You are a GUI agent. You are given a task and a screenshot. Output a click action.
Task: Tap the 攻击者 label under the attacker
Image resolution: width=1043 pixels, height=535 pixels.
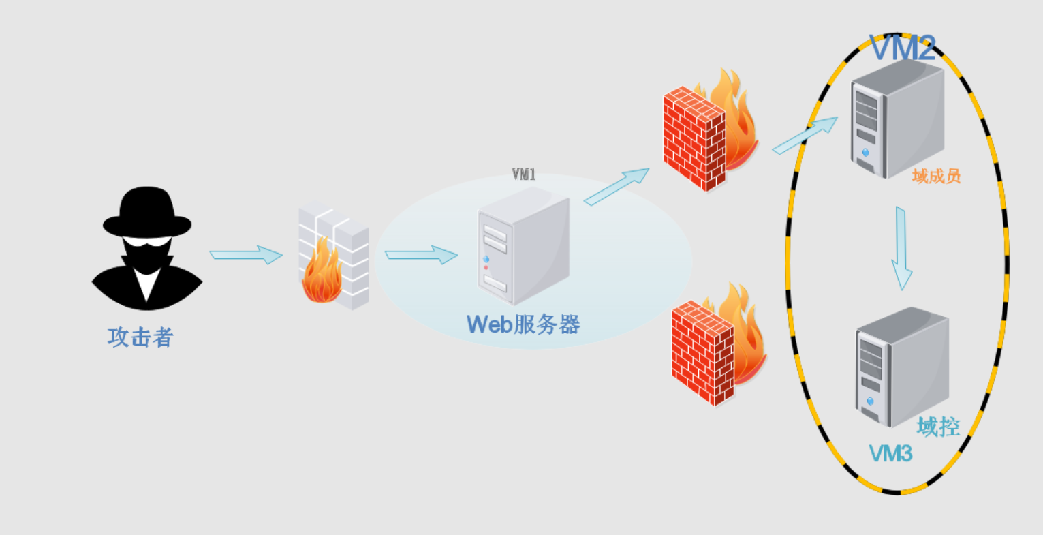(x=141, y=337)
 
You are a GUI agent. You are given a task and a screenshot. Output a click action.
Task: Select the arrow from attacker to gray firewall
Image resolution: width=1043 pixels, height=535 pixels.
(x=246, y=255)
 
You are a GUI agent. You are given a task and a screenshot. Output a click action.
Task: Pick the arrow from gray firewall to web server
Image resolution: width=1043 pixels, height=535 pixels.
(x=421, y=255)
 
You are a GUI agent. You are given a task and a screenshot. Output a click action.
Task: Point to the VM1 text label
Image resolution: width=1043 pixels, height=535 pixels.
(x=523, y=174)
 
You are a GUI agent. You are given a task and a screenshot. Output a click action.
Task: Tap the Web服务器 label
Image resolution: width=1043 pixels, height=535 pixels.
(x=523, y=324)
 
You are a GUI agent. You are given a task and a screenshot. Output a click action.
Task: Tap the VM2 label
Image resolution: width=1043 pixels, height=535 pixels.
(x=903, y=48)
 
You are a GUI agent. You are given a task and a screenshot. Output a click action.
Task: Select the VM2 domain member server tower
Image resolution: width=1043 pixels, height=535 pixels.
(x=897, y=119)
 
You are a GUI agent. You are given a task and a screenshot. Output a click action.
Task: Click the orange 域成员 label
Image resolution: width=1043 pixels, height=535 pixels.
(x=936, y=177)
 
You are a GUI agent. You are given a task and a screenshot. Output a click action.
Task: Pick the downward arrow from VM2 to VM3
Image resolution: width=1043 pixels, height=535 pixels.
(x=901, y=248)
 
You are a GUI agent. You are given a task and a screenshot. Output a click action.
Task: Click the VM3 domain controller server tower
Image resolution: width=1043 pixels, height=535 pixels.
(x=901, y=366)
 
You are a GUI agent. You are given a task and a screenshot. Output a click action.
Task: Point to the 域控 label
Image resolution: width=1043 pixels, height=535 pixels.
(x=938, y=427)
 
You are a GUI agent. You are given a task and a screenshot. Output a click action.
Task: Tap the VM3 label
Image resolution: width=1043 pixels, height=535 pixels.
(x=890, y=453)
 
